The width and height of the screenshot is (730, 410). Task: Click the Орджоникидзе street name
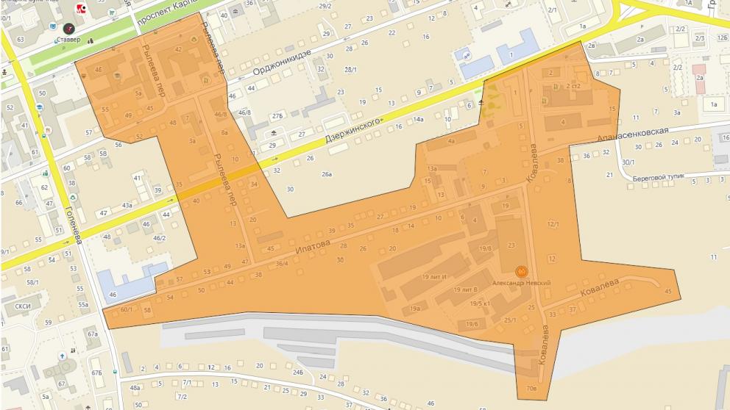(282, 62)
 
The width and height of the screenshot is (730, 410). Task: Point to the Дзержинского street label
(356, 132)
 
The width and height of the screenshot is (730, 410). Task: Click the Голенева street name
(74, 221)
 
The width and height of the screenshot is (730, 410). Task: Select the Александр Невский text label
(522, 283)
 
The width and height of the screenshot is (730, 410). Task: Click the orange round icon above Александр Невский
(521, 272)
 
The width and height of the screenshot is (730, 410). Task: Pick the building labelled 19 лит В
(465, 289)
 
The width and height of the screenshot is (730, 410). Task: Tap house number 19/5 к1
(480, 303)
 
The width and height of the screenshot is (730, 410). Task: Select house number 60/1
(126, 310)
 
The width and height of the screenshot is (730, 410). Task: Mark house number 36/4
(282, 264)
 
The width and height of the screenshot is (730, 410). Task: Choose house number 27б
(277, 116)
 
